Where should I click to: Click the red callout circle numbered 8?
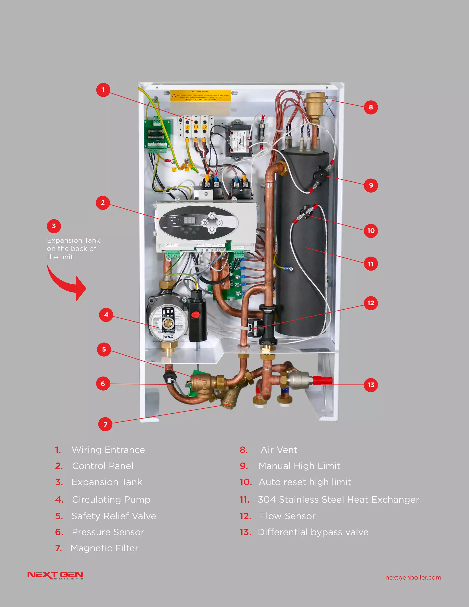click(371, 107)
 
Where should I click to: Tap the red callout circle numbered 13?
click(371, 385)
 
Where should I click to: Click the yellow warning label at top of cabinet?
click(200, 96)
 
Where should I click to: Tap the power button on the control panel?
click(205, 223)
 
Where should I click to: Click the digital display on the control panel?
click(190, 221)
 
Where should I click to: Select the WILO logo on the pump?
click(169, 336)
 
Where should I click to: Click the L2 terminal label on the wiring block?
click(205, 127)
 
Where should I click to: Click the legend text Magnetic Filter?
click(104, 548)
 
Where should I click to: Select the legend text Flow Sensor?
click(287, 516)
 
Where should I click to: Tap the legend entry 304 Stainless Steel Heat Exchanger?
click(338, 499)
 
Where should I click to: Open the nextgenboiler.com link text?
click(413, 577)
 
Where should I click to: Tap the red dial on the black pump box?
click(196, 315)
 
